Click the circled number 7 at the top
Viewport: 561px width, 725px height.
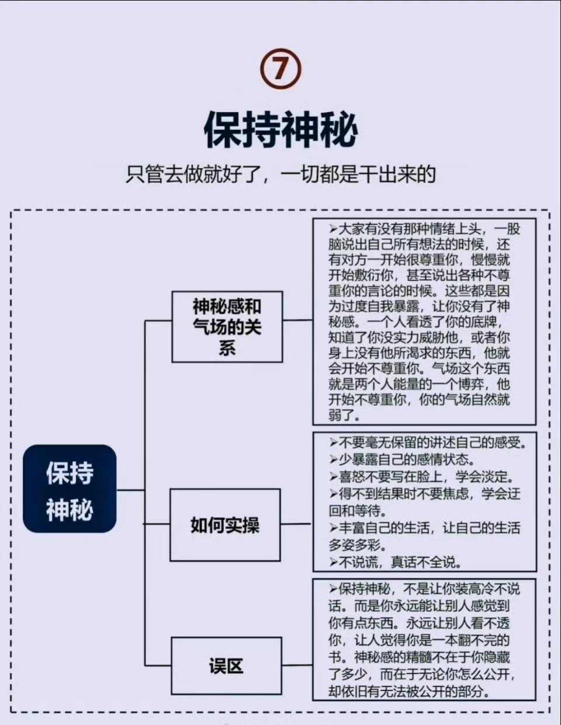pos(280,69)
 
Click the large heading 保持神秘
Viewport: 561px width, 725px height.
pos(280,130)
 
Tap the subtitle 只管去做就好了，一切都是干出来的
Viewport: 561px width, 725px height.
pos(280,174)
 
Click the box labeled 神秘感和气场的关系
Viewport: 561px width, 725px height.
pos(227,327)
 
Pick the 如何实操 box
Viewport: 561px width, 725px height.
pos(225,525)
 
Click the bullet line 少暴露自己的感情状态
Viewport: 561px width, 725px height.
pos(402,460)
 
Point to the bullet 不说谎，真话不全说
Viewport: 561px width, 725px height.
pos(396,563)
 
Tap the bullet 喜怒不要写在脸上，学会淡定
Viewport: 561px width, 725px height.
pos(421,477)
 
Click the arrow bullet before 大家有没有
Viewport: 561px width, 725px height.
pos(333,229)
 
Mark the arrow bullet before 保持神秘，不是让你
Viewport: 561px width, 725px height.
pos(333,590)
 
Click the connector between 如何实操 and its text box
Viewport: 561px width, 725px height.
pos(296,524)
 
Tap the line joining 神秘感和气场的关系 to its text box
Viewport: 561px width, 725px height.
pos(298,320)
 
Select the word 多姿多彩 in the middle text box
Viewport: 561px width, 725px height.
pos(354,546)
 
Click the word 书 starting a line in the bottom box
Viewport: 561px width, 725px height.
pos(335,658)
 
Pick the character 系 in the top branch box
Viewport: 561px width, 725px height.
pos(227,348)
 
